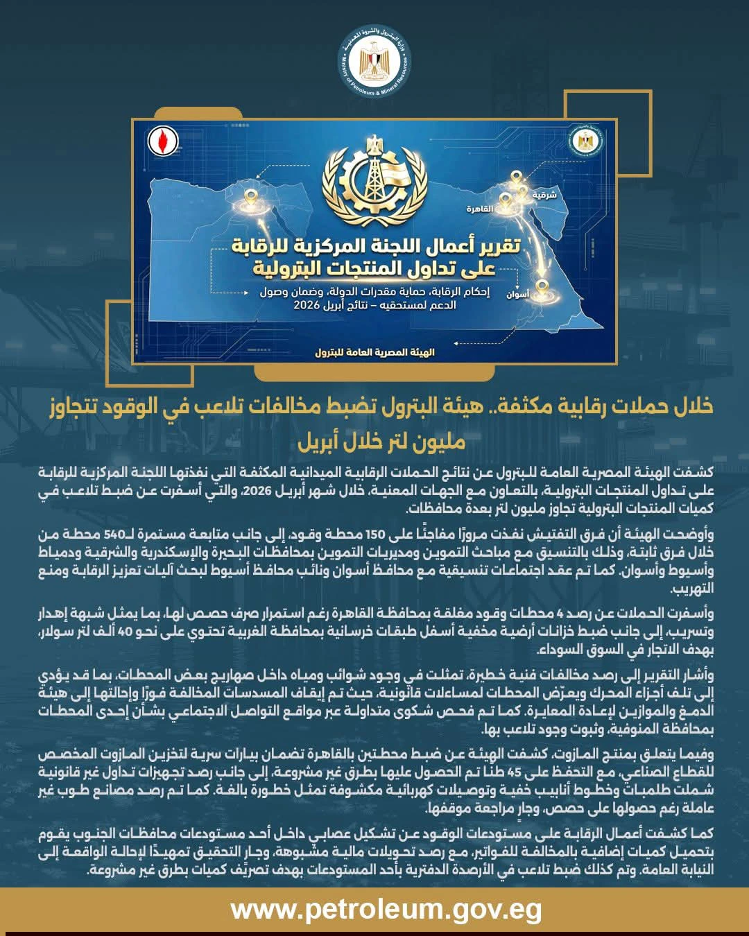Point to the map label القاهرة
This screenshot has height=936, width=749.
pyautogui.click(x=480, y=209)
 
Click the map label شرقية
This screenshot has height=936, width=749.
pyautogui.click(x=544, y=196)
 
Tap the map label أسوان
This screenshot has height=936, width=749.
pyautogui.click(x=517, y=294)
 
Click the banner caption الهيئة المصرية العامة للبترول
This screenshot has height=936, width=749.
pyautogui.click(x=374, y=352)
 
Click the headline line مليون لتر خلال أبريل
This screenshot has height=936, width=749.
pyautogui.click(x=381, y=441)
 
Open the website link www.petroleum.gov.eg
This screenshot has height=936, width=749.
pyautogui.click(x=386, y=909)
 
